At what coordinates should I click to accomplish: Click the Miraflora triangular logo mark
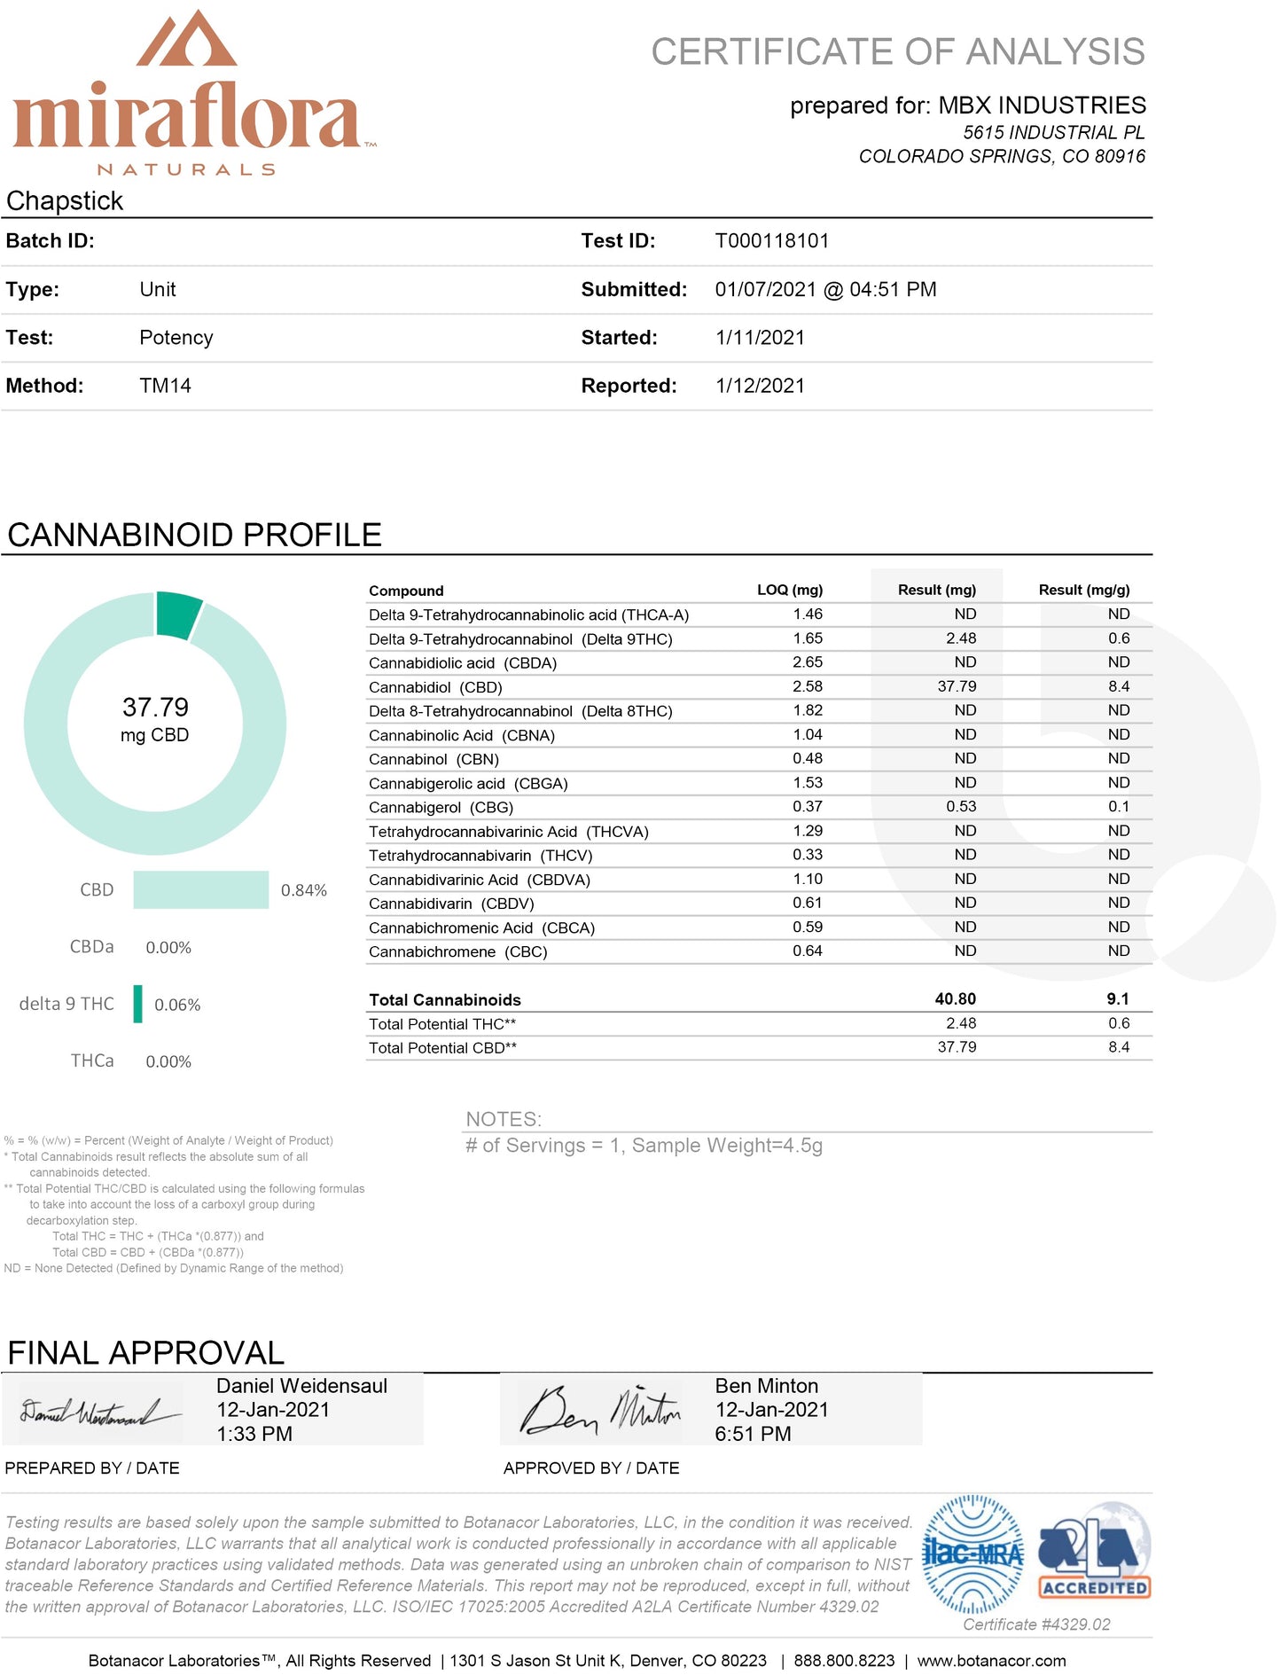(186, 40)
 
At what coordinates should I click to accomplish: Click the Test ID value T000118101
(771, 241)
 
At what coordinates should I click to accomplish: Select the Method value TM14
(165, 386)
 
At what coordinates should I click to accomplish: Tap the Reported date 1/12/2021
(760, 386)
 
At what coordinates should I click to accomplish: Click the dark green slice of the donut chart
(177, 614)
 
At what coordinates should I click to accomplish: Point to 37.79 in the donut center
(155, 708)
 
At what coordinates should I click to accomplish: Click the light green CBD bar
(200, 889)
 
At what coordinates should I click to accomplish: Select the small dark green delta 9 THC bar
(138, 1004)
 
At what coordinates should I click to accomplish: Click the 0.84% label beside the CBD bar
(303, 890)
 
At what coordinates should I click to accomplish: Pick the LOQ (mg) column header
(789, 590)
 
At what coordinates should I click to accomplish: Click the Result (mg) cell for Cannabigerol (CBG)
(961, 807)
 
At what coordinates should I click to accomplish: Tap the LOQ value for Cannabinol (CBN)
(807, 759)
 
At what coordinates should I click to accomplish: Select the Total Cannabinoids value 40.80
(955, 999)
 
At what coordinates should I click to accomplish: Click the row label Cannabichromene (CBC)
(457, 951)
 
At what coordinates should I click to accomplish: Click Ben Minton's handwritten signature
(601, 1410)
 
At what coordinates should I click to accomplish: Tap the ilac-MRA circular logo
(972, 1554)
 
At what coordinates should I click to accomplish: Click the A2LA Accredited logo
(1094, 1552)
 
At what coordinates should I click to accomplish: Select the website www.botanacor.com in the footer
(991, 1661)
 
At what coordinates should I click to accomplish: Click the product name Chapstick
(65, 201)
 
